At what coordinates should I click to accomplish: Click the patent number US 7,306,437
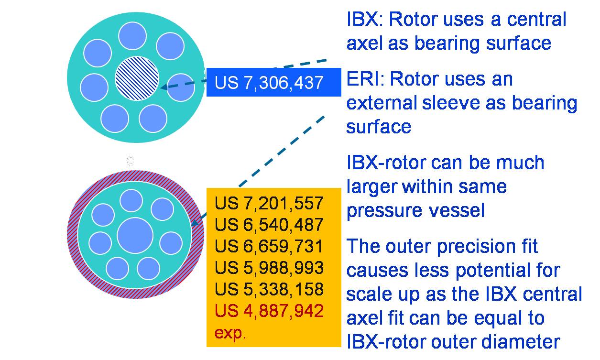point(269,83)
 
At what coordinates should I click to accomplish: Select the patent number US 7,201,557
point(269,203)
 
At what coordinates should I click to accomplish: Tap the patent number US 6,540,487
point(269,225)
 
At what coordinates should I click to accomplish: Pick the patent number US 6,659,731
point(269,246)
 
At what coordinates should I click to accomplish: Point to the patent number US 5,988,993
point(269,268)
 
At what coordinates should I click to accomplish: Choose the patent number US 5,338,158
point(269,289)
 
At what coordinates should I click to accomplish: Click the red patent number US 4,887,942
point(269,311)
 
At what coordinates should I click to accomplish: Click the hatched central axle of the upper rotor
point(137,78)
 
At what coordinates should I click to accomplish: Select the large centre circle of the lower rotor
point(135,235)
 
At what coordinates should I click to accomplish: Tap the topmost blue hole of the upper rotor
point(132,36)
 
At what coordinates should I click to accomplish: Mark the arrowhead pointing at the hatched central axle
point(164,87)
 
